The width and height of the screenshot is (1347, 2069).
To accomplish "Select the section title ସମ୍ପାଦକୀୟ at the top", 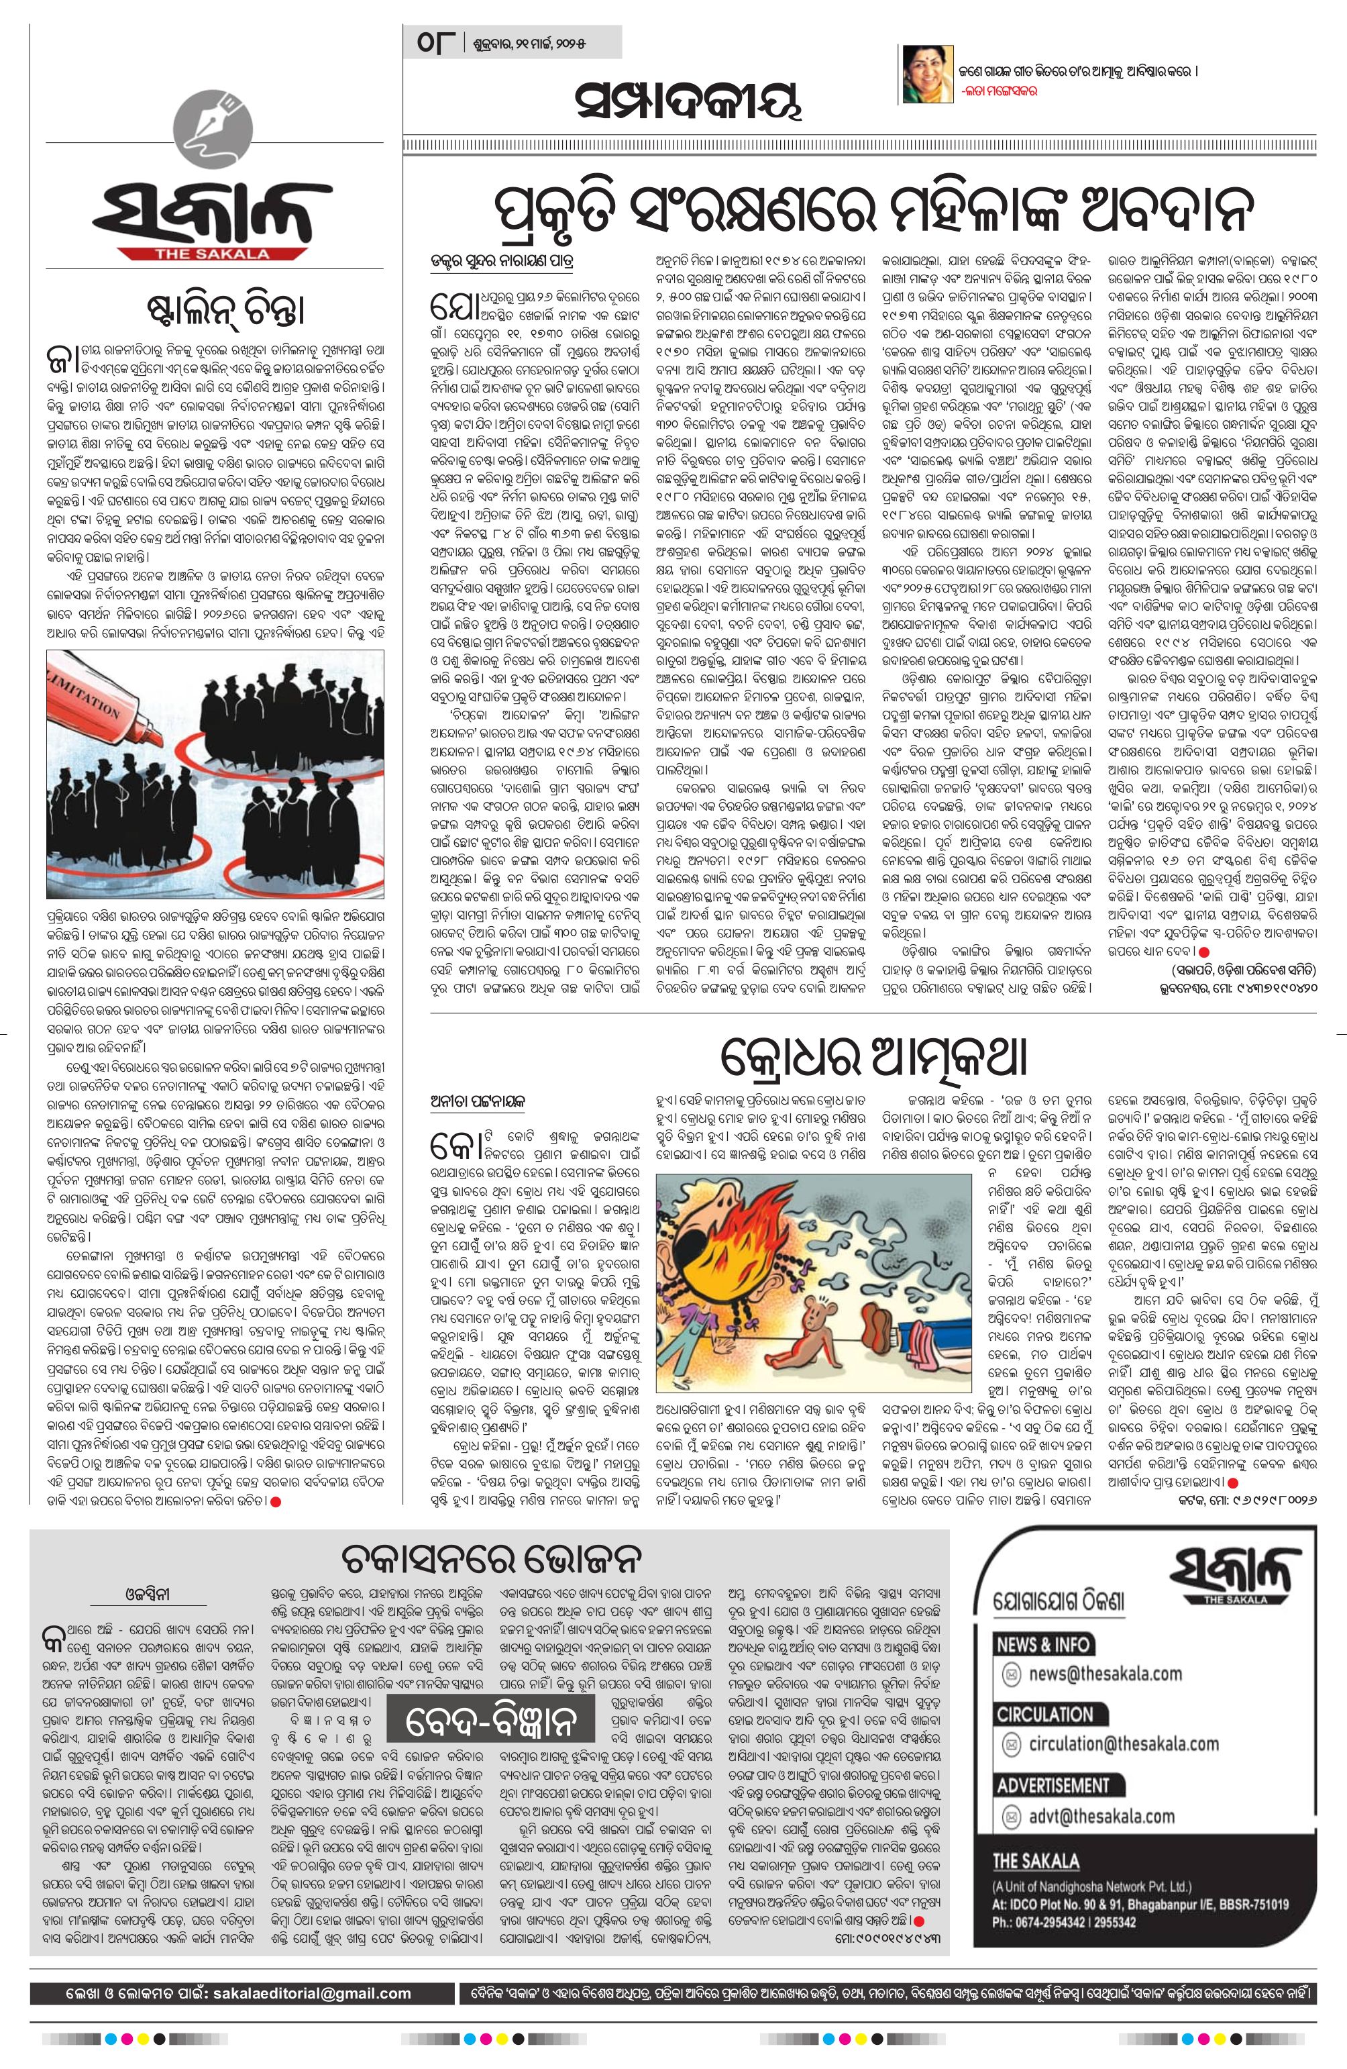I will (x=686, y=102).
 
